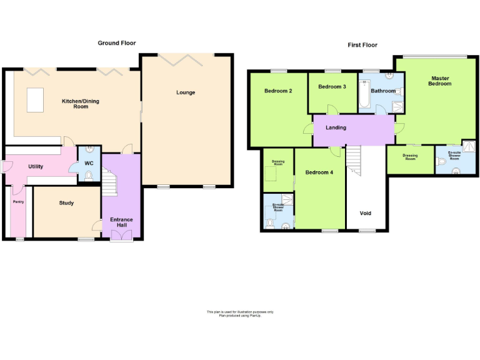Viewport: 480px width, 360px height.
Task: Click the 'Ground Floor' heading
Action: [117, 43]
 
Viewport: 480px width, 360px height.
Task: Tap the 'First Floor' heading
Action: [362, 45]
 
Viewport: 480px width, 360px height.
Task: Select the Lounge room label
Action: [186, 92]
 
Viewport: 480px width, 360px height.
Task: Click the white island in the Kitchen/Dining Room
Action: [36, 99]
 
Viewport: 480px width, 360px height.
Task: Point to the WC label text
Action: [89, 163]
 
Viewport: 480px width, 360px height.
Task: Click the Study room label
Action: [66, 203]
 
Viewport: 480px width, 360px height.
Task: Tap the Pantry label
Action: [17, 202]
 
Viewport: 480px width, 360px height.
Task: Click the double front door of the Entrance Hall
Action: [121, 235]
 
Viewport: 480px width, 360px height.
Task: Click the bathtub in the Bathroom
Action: [364, 93]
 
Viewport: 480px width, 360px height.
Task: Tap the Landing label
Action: [336, 127]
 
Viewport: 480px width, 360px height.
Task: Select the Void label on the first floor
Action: [366, 213]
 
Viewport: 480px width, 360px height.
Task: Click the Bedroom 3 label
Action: [332, 87]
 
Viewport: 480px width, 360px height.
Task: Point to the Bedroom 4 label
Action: [319, 172]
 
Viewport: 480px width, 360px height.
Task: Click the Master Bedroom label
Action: [440, 81]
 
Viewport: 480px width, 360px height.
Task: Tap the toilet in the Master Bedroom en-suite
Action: [443, 161]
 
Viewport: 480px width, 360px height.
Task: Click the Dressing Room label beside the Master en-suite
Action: [410, 157]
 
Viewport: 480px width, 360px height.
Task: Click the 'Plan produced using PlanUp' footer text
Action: [240, 315]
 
